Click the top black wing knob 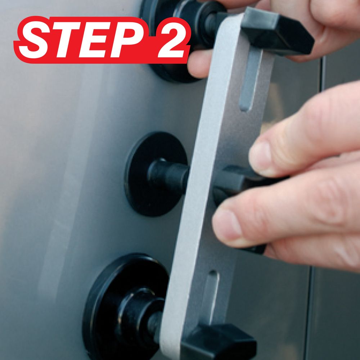click(x=278, y=32)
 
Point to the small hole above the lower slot click(x=213, y=273)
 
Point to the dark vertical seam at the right click(x=322, y=73)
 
